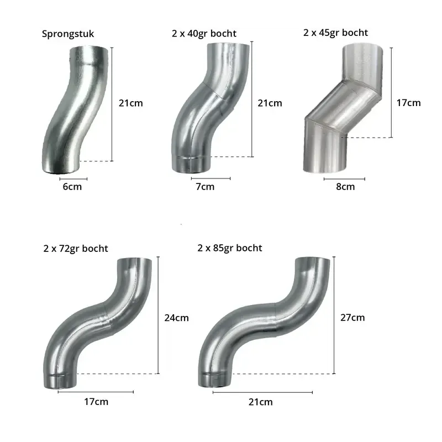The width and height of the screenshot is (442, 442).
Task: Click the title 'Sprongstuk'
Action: point(67,34)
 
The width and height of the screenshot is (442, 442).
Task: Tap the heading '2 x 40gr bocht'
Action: point(204,34)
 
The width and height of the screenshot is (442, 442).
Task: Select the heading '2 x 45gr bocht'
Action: point(335,33)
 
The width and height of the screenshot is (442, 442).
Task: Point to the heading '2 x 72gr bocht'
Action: point(76,248)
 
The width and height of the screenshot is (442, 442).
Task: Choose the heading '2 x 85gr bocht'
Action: point(230,248)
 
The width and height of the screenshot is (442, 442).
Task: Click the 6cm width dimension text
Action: point(72,187)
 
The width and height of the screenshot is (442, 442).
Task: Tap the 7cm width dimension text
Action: point(205,187)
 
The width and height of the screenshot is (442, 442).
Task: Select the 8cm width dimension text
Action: point(345,187)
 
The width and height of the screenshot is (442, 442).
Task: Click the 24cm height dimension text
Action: point(176,318)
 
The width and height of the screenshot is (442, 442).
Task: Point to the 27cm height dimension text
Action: point(352,318)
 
